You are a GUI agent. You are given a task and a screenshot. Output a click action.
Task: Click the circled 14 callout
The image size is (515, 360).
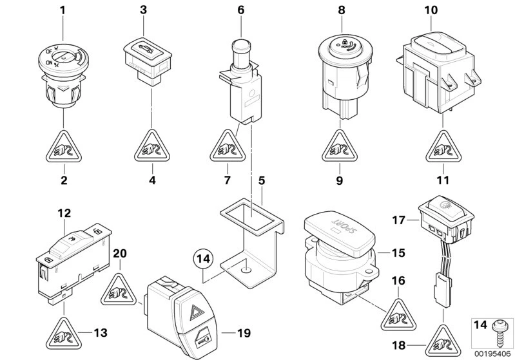click(x=204, y=260)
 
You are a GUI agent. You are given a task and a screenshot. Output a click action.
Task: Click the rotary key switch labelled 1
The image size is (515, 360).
click(x=63, y=73)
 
